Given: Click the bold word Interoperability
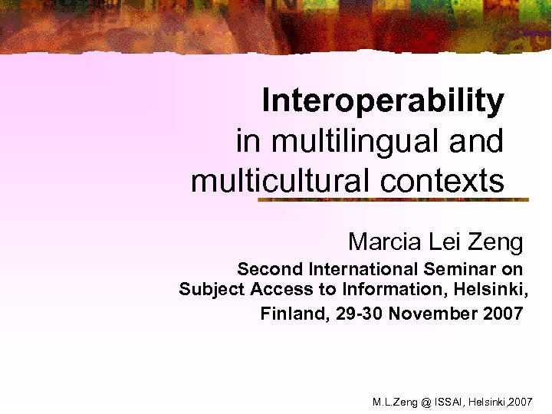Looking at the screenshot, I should (383, 100).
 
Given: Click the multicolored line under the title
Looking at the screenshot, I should (393, 199).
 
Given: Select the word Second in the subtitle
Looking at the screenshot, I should (270, 269).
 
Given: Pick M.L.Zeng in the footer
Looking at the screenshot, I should (395, 402).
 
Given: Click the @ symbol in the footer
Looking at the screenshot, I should (426, 402).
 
